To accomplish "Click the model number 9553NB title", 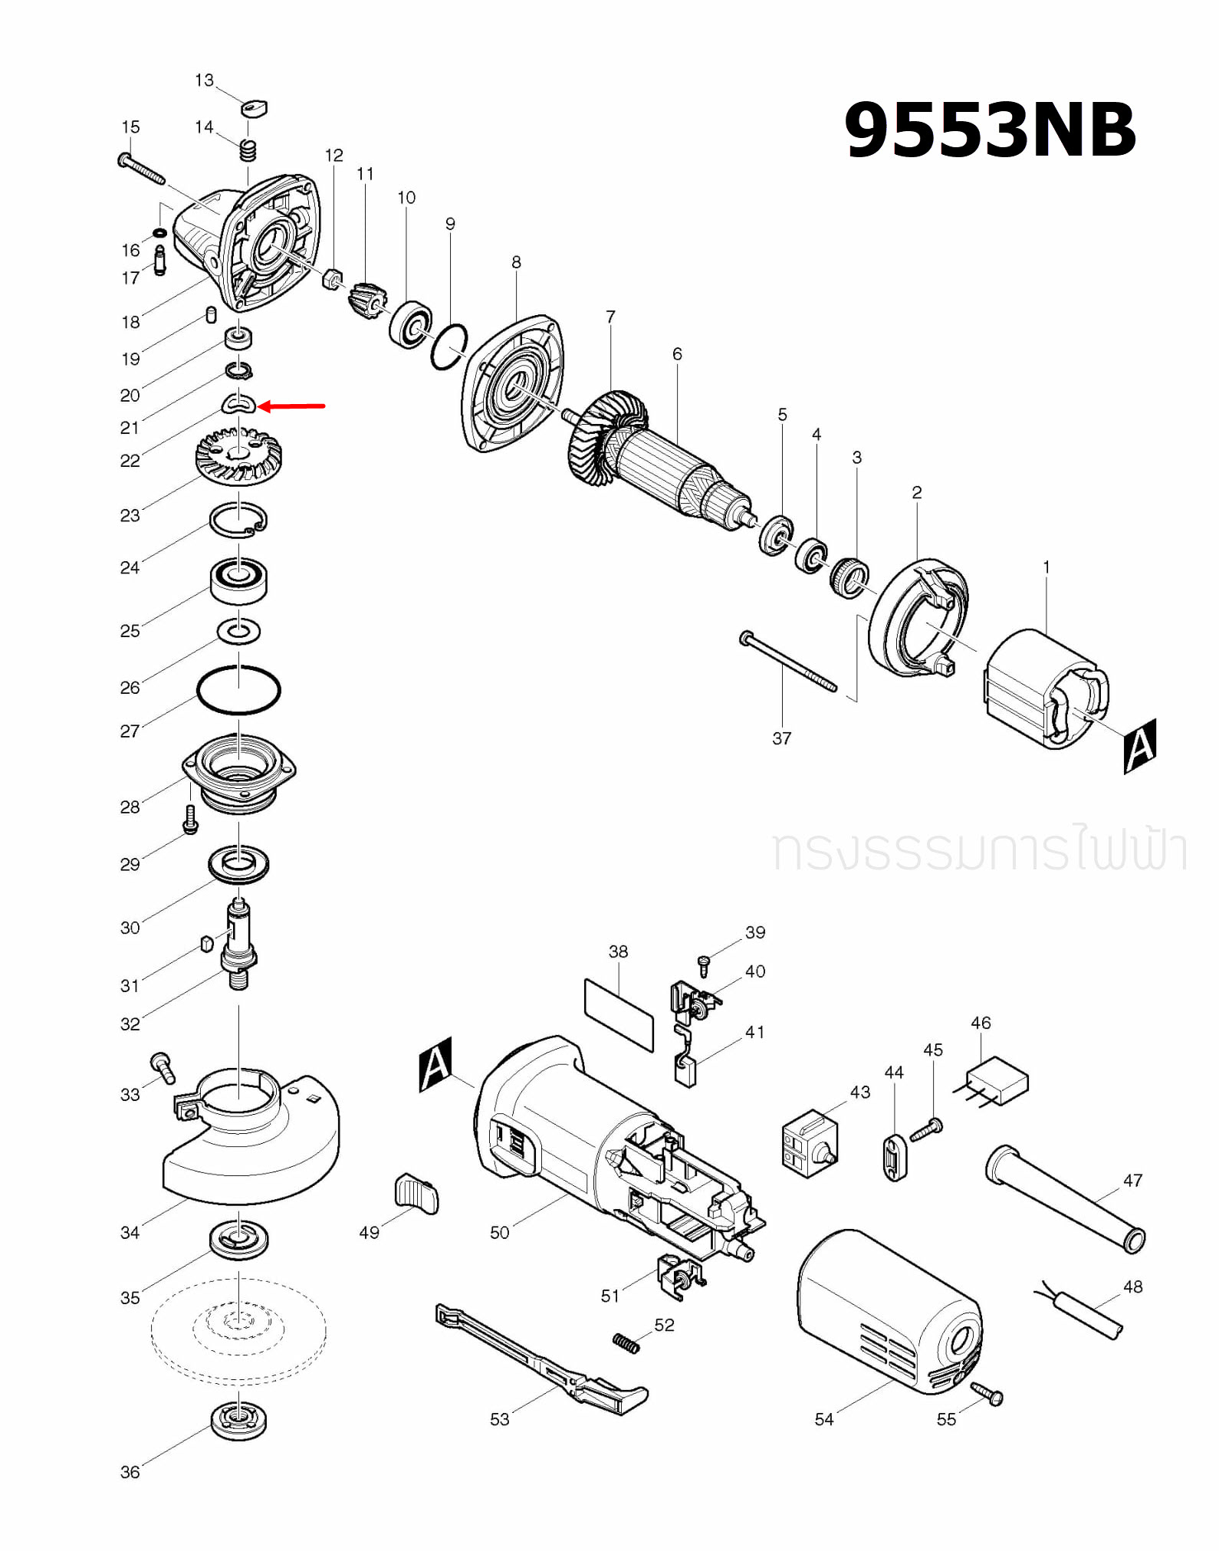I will pos(989,130).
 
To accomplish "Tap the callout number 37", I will pos(781,738).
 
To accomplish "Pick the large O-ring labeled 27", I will pos(238,690).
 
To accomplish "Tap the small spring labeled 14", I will pos(247,150).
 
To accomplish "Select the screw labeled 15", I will pos(142,169).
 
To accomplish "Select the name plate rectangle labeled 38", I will pos(619,1014).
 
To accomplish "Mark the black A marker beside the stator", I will pos(1139,745).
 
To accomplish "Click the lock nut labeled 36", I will pos(239,1421).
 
